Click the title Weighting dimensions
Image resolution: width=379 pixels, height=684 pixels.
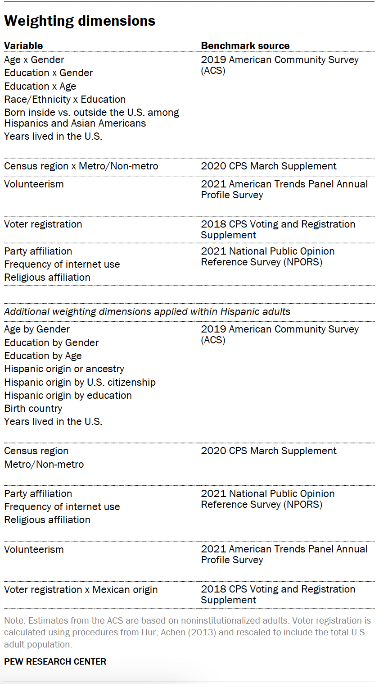80,21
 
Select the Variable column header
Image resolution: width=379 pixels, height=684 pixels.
23,46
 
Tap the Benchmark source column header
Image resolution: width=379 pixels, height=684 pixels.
245,46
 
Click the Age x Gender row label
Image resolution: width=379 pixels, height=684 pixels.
34,59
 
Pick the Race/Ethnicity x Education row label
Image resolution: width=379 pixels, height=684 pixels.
65,99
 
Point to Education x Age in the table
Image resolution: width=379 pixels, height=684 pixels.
40,86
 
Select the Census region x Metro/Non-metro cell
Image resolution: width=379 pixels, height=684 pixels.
81,166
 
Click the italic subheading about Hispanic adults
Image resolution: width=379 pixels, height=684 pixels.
147,311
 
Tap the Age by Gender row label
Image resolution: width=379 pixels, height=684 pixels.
37,329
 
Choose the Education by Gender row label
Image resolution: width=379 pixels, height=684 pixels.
51,342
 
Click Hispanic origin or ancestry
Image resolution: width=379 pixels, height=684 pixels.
64,369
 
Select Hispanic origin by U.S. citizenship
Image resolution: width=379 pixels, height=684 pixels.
80,382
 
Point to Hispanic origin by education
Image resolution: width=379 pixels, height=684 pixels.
68,395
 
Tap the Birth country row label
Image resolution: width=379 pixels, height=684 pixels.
33,408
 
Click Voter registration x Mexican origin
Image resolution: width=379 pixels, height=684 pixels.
81,589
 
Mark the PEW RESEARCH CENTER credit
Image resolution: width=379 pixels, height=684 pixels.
55,661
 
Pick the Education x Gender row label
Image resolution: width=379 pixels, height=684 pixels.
49,73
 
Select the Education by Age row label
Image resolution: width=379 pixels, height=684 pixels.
43,356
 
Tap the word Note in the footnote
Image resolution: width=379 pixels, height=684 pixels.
13,620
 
